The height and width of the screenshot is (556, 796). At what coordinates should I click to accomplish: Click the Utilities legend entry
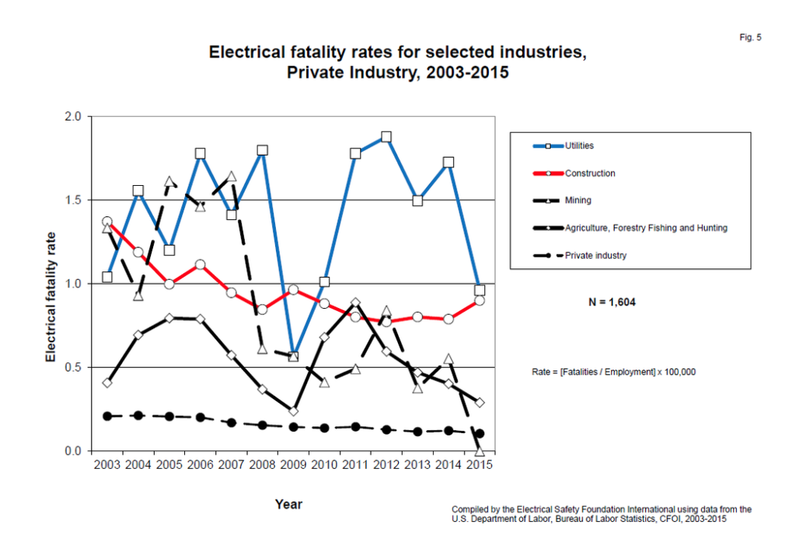click(580, 145)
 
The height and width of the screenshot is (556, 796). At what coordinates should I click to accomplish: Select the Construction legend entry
click(590, 173)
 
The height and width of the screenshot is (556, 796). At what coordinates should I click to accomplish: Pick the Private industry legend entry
click(595, 255)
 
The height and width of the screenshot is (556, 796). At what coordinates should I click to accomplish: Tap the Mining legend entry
click(578, 201)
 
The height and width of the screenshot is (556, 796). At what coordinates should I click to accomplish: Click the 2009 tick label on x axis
click(293, 465)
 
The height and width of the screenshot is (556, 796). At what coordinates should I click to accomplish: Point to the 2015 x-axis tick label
click(479, 465)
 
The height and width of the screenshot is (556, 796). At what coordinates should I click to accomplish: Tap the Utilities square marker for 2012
click(386, 137)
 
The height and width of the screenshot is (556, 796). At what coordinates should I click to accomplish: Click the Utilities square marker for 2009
click(293, 355)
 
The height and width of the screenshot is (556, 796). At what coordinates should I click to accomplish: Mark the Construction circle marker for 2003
click(107, 222)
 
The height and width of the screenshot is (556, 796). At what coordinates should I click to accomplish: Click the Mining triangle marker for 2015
click(480, 450)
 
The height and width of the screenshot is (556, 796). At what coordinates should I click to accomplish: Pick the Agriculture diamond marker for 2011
click(355, 302)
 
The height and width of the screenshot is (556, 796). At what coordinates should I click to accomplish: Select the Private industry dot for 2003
click(107, 416)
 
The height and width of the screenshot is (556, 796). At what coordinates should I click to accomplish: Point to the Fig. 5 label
click(751, 37)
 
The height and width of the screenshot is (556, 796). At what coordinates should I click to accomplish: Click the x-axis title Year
click(288, 505)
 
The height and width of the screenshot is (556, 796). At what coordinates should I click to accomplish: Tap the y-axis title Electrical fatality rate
click(51, 296)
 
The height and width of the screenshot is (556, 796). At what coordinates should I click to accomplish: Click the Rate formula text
click(608, 372)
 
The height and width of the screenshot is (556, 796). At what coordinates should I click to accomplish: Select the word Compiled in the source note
click(469, 509)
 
